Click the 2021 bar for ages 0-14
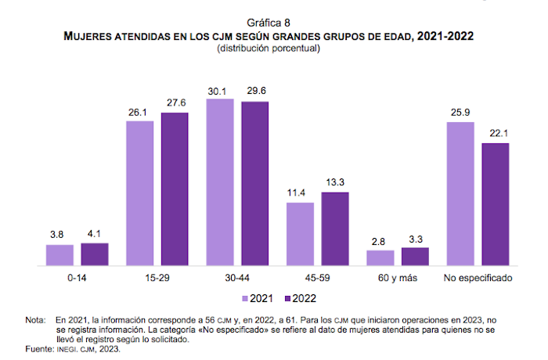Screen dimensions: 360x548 [x=59, y=255]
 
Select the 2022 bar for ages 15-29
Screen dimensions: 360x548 [x=175, y=189]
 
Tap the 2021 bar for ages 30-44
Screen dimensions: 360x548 [x=221, y=182]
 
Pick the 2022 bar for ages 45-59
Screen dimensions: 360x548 [x=334, y=229]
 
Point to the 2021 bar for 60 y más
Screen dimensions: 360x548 [x=380, y=258]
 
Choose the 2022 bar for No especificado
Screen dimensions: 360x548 [x=496, y=204]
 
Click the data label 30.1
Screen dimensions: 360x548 [x=221, y=91]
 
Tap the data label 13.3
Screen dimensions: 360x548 [x=334, y=184]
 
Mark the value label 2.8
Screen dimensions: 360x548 [x=380, y=243]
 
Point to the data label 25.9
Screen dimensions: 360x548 [x=460, y=113]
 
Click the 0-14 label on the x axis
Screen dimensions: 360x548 [x=77, y=278]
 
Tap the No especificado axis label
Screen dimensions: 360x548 [x=478, y=278]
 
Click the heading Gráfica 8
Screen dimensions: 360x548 [x=274, y=23]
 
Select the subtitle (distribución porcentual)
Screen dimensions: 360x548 [x=274, y=48]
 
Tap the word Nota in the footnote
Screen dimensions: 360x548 [x=35, y=321]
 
